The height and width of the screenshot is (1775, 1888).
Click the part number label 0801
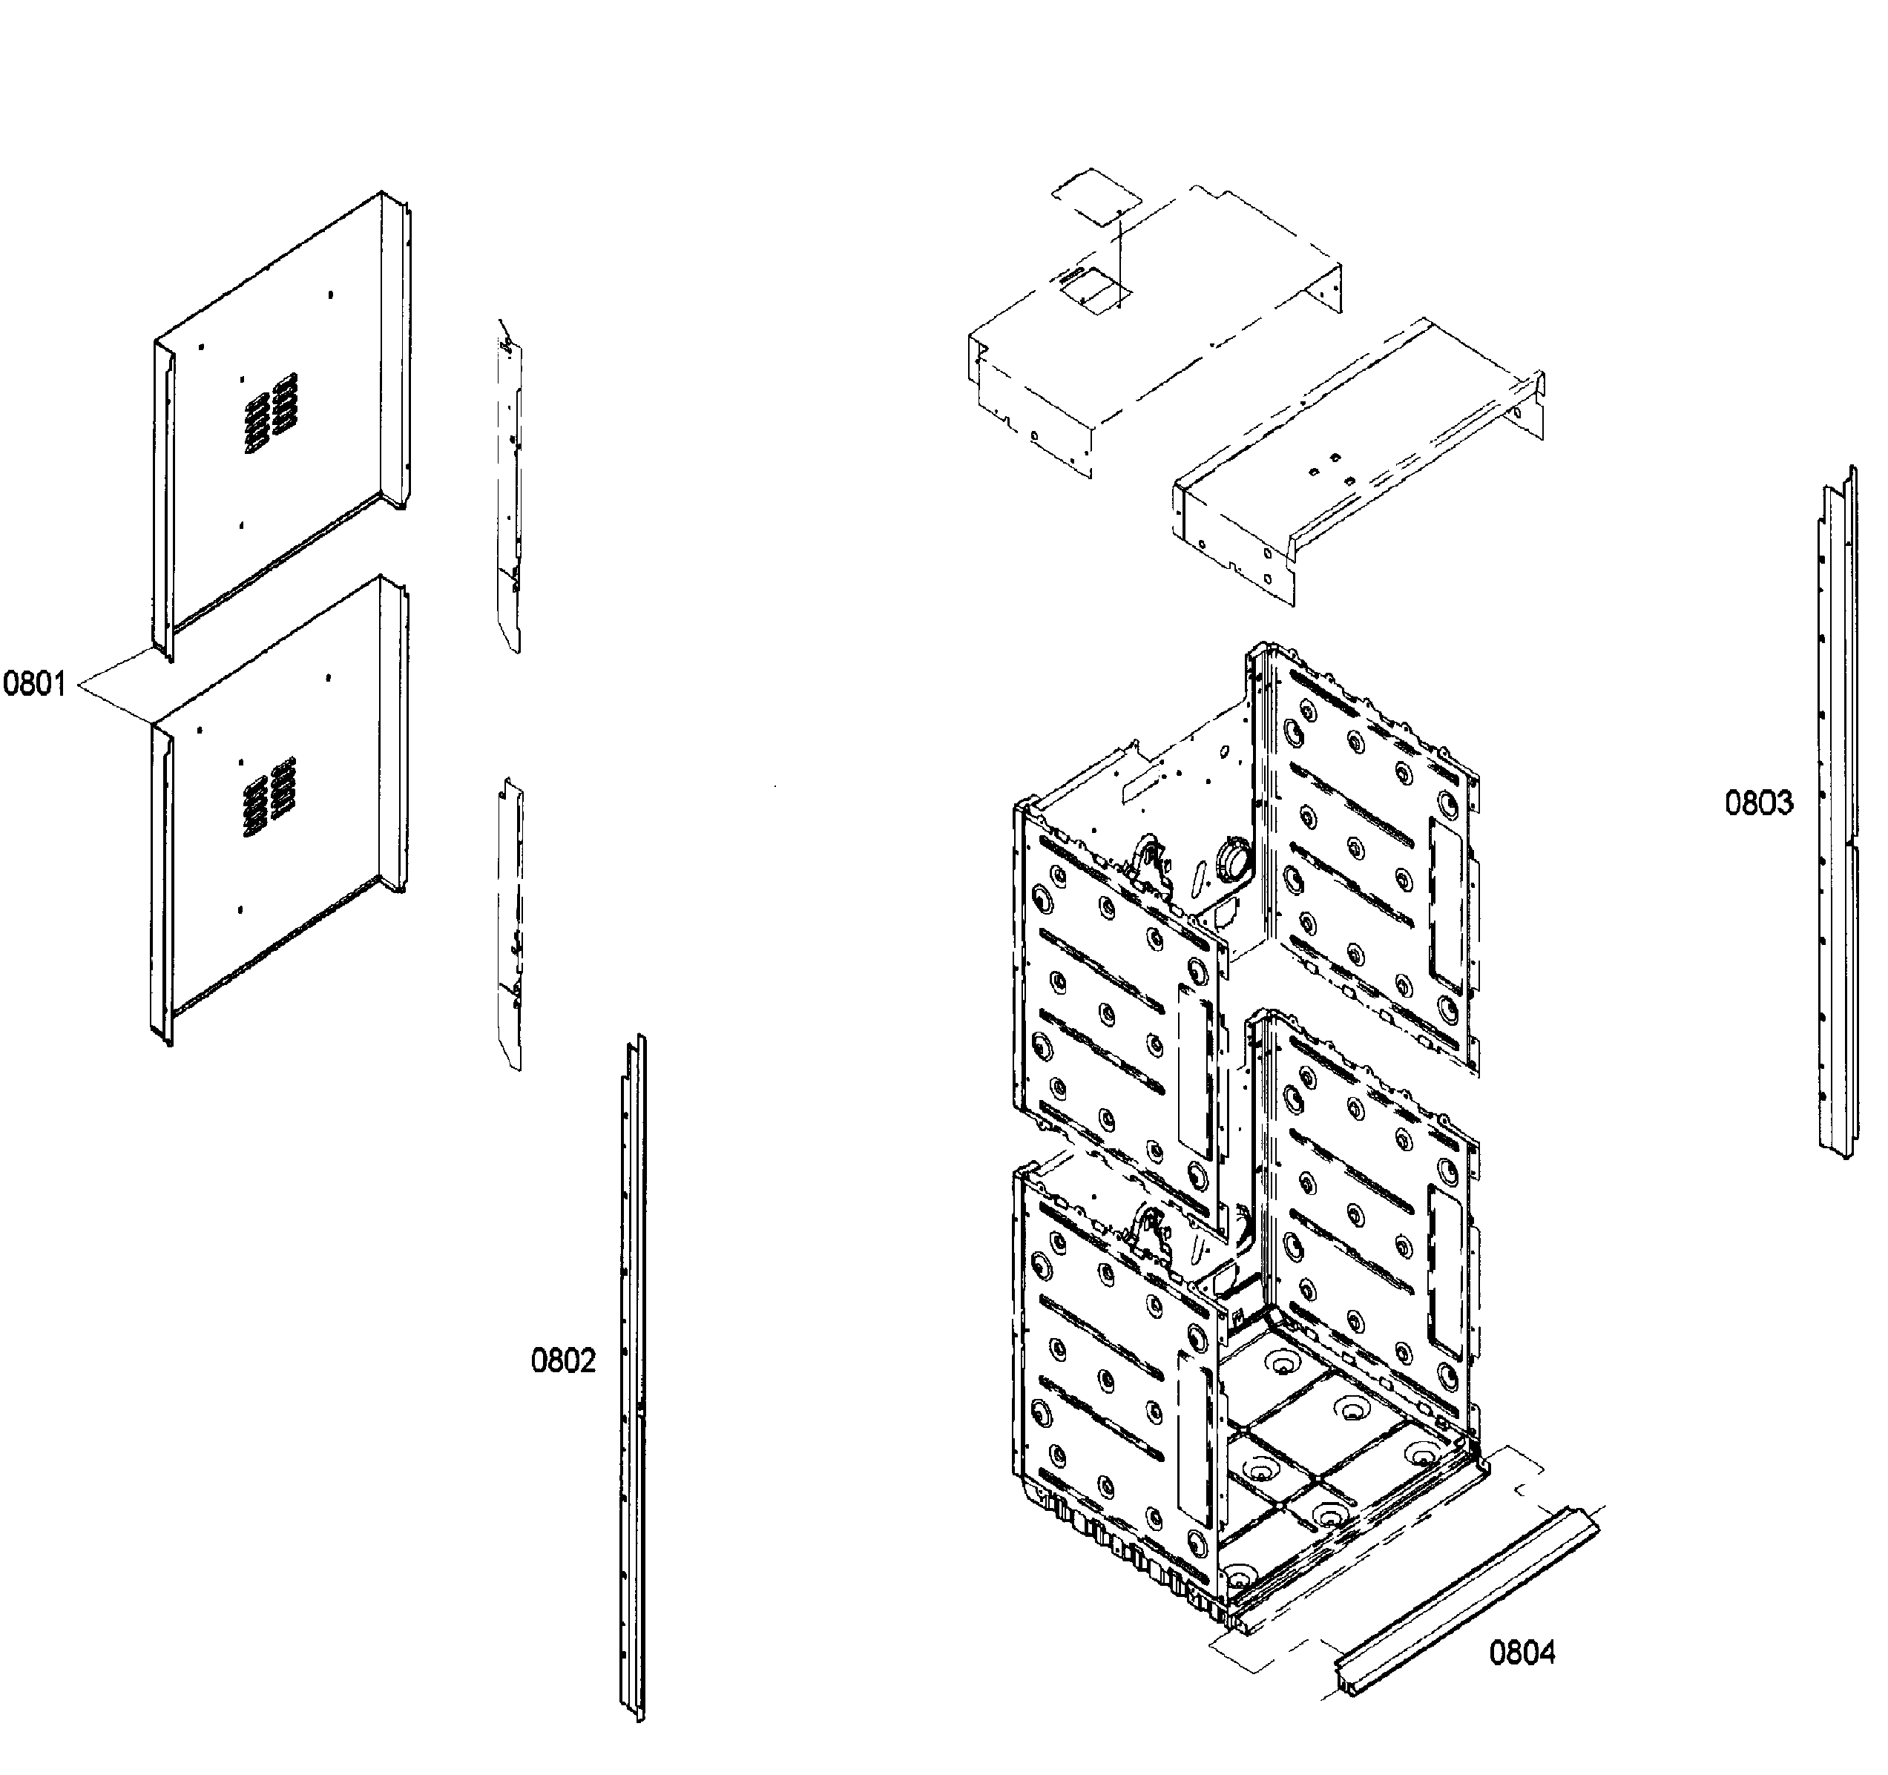click(34, 684)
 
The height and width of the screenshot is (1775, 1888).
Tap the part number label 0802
click(563, 1361)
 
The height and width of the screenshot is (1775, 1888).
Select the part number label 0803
click(1759, 803)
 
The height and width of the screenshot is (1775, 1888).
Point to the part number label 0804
click(1522, 1653)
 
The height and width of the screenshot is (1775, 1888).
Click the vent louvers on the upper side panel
click(271, 412)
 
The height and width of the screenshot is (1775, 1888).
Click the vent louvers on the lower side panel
click(270, 797)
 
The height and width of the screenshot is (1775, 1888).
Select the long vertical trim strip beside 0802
click(633, 1377)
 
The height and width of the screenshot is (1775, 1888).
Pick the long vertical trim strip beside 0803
click(1837, 817)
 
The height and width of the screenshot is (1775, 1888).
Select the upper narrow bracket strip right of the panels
click(509, 484)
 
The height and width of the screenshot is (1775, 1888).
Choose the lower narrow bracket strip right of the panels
click(509, 926)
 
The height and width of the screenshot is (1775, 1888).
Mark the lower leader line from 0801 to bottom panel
click(116, 702)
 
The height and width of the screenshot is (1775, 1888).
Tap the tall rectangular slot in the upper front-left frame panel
click(1194, 1068)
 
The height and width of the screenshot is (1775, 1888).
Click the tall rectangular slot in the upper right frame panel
click(1445, 902)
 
